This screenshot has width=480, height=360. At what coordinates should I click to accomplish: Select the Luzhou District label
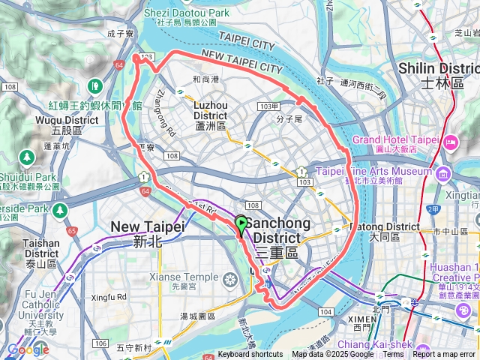tap(210, 111)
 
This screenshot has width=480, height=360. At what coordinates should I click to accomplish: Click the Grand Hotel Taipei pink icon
tap(450, 141)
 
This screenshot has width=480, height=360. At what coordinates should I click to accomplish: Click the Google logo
tap(28, 349)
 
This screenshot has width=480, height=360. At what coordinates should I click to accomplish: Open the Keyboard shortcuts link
tap(250, 355)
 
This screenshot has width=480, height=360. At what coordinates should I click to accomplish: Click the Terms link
tap(393, 355)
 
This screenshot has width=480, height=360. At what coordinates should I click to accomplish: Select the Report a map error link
tap(445, 355)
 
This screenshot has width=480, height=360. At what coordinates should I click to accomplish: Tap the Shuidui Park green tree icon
tap(27, 157)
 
